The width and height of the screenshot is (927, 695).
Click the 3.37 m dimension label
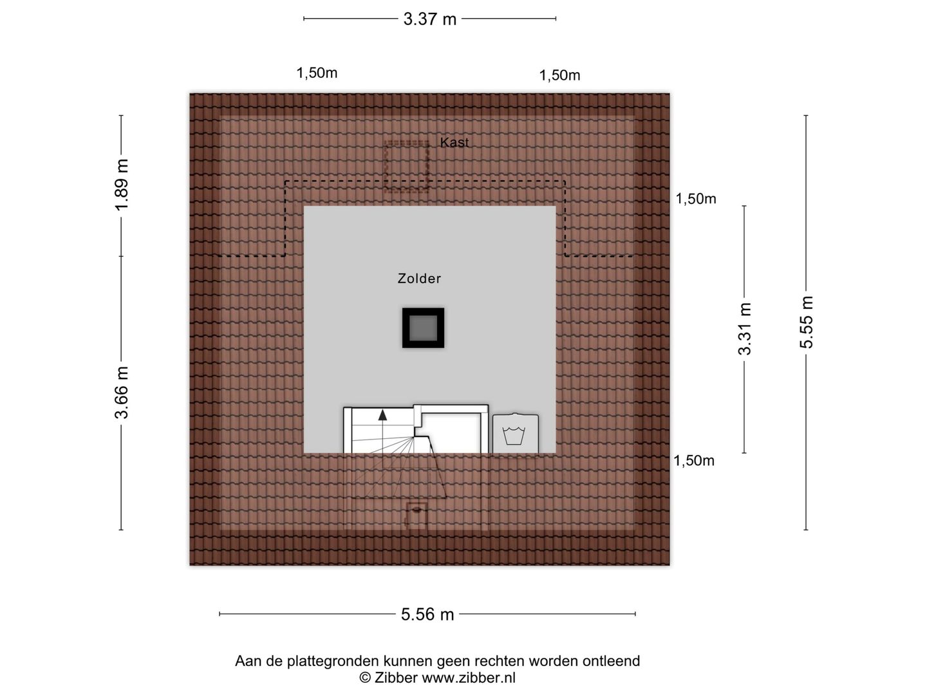point(429,19)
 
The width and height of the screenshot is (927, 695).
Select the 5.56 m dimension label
point(427,615)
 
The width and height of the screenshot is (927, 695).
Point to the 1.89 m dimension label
point(122,185)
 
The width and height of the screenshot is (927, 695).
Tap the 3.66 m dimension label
point(122,393)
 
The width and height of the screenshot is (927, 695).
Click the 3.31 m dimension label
point(745,329)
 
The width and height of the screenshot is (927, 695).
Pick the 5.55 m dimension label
point(806,322)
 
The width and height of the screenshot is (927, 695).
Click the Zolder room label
point(419,279)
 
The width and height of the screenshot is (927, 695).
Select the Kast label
point(454,143)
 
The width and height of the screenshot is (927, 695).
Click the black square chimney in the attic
point(423,328)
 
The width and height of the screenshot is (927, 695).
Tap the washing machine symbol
point(515,433)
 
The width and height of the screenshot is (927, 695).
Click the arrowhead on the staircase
point(382,415)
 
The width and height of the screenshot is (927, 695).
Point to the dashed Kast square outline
point(406,142)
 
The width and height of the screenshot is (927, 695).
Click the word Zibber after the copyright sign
point(395,678)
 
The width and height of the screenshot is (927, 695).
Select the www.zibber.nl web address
point(469,678)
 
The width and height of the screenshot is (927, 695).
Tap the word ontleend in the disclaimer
point(611,661)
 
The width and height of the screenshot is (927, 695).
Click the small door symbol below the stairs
point(417,515)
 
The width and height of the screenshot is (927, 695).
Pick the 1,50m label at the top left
point(317,73)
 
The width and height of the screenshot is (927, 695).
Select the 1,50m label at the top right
point(559,75)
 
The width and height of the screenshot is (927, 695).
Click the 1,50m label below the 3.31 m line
point(694,460)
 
